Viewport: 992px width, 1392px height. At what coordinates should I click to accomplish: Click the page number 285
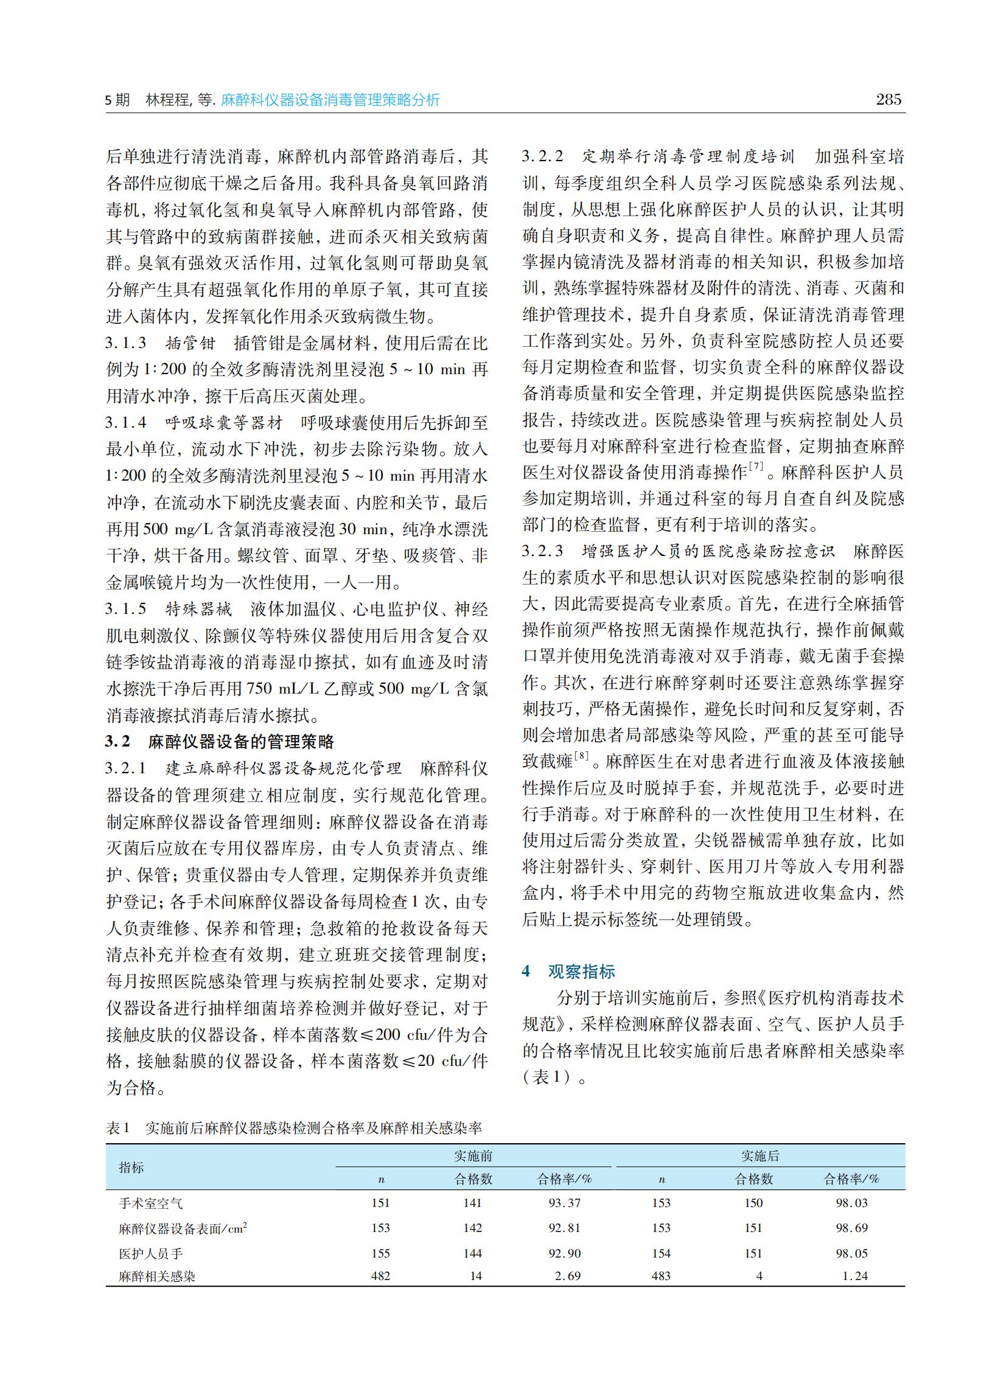(x=888, y=100)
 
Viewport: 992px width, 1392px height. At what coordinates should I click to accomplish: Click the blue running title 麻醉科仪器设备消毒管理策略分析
(x=330, y=100)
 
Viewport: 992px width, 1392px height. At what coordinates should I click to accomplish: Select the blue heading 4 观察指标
(x=568, y=972)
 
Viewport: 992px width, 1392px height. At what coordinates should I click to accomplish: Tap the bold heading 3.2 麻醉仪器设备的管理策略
(x=220, y=741)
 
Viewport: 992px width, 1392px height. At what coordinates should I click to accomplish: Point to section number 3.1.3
(x=126, y=343)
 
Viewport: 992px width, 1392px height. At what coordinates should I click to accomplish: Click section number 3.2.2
(x=542, y=156)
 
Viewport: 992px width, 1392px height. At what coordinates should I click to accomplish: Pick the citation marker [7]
(x=756, y=467)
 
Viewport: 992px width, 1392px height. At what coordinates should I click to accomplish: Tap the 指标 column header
(x=131, y=1167)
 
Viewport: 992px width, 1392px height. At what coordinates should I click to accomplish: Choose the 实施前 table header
(x=473, y=1156)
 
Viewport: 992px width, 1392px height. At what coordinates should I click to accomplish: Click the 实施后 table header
(x=760, y=1156)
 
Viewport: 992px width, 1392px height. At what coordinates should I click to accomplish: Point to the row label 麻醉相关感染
(x=157, y=1276)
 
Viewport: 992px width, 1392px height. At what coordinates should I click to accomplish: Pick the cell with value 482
(x=380, y=1276)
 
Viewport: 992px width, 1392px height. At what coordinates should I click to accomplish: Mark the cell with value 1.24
(x=855, y=1276)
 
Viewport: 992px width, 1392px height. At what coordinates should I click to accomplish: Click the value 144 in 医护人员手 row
(x=473, y=1253)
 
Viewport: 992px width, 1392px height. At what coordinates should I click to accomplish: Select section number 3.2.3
(x=542, y=551)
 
